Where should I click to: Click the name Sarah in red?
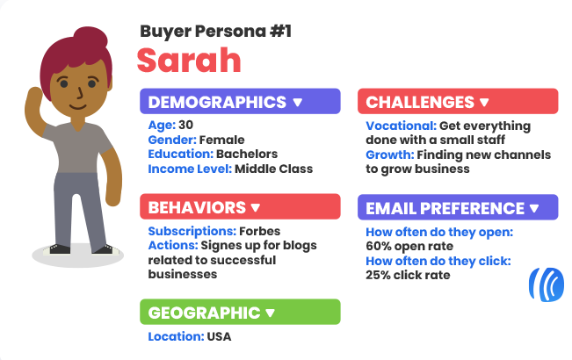point(189,60)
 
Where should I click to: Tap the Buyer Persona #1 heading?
point(215,32)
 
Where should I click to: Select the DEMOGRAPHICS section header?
point(240,101)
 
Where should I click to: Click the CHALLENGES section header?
point(458,101)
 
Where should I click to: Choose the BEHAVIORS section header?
point(240,207)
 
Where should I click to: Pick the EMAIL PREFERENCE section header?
point(458,208)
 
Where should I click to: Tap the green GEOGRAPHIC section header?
point(240,312)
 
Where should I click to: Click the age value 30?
point(185,125)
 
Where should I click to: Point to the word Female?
point(221,140)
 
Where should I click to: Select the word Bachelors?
point(247,155)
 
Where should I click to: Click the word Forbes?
point(260,231)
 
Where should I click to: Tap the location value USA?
point(219,336)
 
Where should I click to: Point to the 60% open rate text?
point(409,247)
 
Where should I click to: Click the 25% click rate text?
point(408,275)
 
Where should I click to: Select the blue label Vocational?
point(402,126)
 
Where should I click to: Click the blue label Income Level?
point(190,169)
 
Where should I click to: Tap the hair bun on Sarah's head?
point(91,37)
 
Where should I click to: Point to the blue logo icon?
point(547,284)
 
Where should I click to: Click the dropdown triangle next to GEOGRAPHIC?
point(270,313)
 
